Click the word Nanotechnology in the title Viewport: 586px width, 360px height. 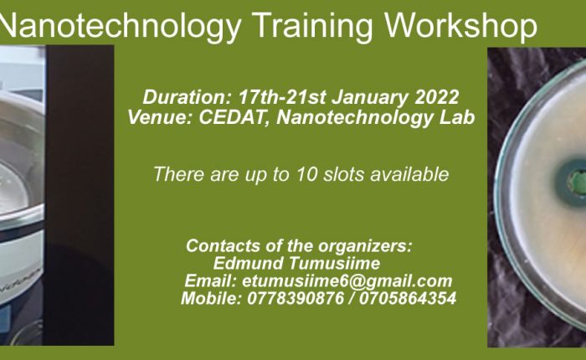point(120,26)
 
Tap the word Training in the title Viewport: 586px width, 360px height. point(313,26)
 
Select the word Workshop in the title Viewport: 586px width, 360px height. point(460,24)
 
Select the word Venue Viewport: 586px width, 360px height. point(160,117)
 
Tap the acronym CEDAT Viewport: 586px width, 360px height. point(234,118)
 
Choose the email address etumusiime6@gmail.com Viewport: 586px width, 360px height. point(347,281)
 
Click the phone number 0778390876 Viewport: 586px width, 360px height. point(296,299)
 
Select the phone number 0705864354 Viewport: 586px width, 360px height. point(408,299)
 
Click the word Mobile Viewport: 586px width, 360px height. point(212,299)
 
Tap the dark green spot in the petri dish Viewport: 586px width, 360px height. point(571,182)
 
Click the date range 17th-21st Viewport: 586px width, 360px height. point(282,97)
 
